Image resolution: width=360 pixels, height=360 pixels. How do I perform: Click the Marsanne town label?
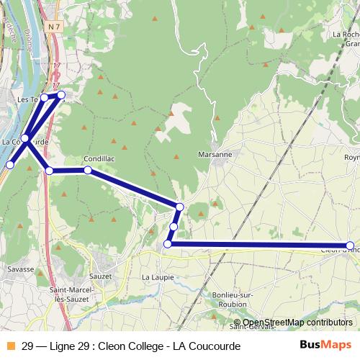coord(215,153)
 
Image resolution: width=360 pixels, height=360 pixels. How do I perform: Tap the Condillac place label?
coord(100,158)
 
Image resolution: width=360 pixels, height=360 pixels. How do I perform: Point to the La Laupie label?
coord(156,276)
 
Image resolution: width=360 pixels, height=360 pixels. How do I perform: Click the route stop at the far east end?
coord(351,246)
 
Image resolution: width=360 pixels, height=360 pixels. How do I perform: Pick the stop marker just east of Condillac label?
coord(87,170)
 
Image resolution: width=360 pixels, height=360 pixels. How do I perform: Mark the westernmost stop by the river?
coord(9,165)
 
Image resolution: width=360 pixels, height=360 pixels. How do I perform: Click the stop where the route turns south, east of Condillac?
coord(179,207)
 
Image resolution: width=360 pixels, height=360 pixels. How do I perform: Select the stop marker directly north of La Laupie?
coord(168,244)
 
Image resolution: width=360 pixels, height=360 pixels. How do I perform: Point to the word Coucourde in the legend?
coord(213,346)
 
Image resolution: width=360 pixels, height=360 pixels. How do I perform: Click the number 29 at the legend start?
coord(28,346)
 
